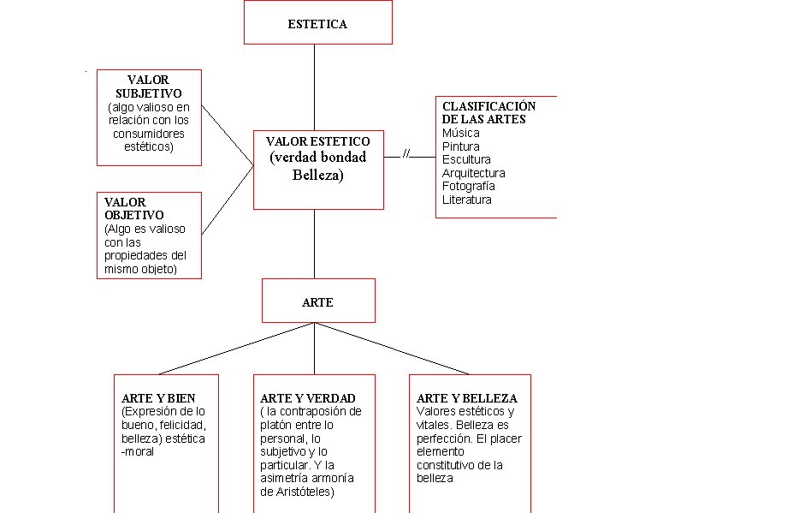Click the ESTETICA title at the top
(x=317, y=24)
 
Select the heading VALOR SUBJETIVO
(x=149, y=86)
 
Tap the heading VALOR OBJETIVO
(x=134, y=209)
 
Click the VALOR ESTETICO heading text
(x=317, y=141)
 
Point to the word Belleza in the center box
(x=317, y=176)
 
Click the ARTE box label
(x=317, y=302)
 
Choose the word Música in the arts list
(x=460, y=134)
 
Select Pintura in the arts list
(x=460, y=146)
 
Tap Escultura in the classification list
(x=466, y=160)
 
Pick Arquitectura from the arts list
(x=473, y=173)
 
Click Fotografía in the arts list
(x=468, y=186)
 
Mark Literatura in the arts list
(x=466, y=200)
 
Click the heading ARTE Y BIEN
(x=158, y=398)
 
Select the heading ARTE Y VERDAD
(x=308, y=398)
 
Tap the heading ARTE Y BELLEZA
(x=467, y=398)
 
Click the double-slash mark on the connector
(x=406, y=154)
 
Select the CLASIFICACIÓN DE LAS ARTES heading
(x=488, y=112)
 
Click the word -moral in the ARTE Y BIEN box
(x=138, y=451)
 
